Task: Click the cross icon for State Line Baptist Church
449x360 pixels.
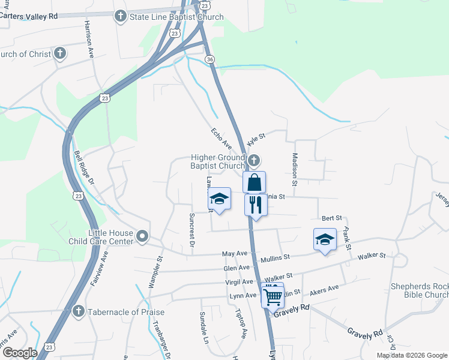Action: pyautogui.click(x=120, y=16)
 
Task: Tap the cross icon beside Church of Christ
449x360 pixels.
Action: pyautogui.click(x=59, y=54)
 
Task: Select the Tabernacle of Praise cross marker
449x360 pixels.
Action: pyautogui.click(x=78, y=311)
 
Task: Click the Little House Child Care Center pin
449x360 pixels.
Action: pyautogui.click(x=142, y=237)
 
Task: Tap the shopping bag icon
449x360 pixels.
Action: pyautogui.click(x=254, y=182)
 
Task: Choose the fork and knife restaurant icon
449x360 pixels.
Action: pyautogui.click(x=256, y=205)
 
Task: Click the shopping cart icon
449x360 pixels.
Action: pyautogui.click(x=273, y=296)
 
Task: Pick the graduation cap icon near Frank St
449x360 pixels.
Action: pyautogui.click(x=325, y=239)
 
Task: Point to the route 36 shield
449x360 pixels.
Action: pyautogui.click(x=209, y=59)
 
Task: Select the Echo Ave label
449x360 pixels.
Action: pyautogui.click(x=221, y=138)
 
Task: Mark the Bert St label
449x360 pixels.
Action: pyautogui.click(x=331, y=218)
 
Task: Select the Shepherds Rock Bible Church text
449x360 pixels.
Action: pyautogui.click(x=419, y=290)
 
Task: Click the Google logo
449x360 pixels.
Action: pyautogui.click(x=20, y=352)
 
